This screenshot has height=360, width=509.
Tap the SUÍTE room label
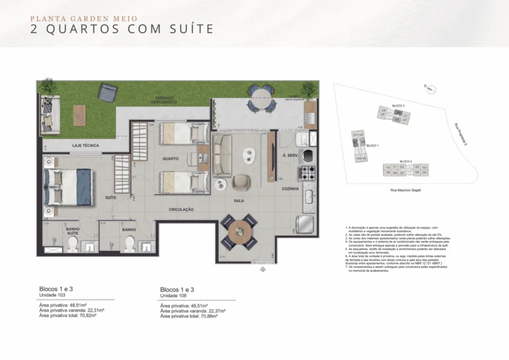(111, 198)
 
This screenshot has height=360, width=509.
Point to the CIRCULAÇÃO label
(180, 210)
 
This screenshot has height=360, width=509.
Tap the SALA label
(240, 200)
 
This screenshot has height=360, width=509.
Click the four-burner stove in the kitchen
(308, 173)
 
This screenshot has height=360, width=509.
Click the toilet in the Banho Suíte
(73, 243)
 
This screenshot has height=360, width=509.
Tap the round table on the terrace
(263, 104)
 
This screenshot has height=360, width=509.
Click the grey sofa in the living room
(221, 155)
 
